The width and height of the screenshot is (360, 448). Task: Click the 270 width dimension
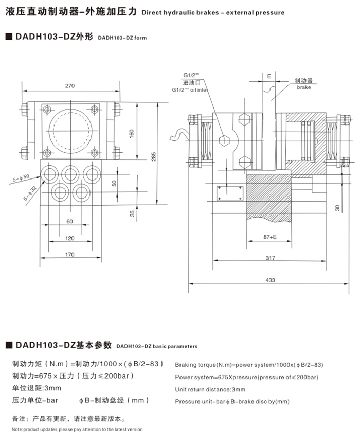(70, 86)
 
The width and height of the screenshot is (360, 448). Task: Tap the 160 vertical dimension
(132, 133)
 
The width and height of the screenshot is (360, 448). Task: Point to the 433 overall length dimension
(270, 280)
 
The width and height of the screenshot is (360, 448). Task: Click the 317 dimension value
(270, 259)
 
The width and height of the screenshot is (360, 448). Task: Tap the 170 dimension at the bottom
(70, 254)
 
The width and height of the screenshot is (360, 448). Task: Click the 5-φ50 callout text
(20, 178)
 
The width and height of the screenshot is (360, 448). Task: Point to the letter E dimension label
(268, 76)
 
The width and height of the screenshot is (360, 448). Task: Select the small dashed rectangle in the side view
(229, 193)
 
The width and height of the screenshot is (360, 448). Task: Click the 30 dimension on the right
(337, 208)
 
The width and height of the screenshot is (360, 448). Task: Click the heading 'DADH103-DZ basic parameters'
(157, 347)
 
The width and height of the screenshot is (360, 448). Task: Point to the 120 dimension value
(70, 238)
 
